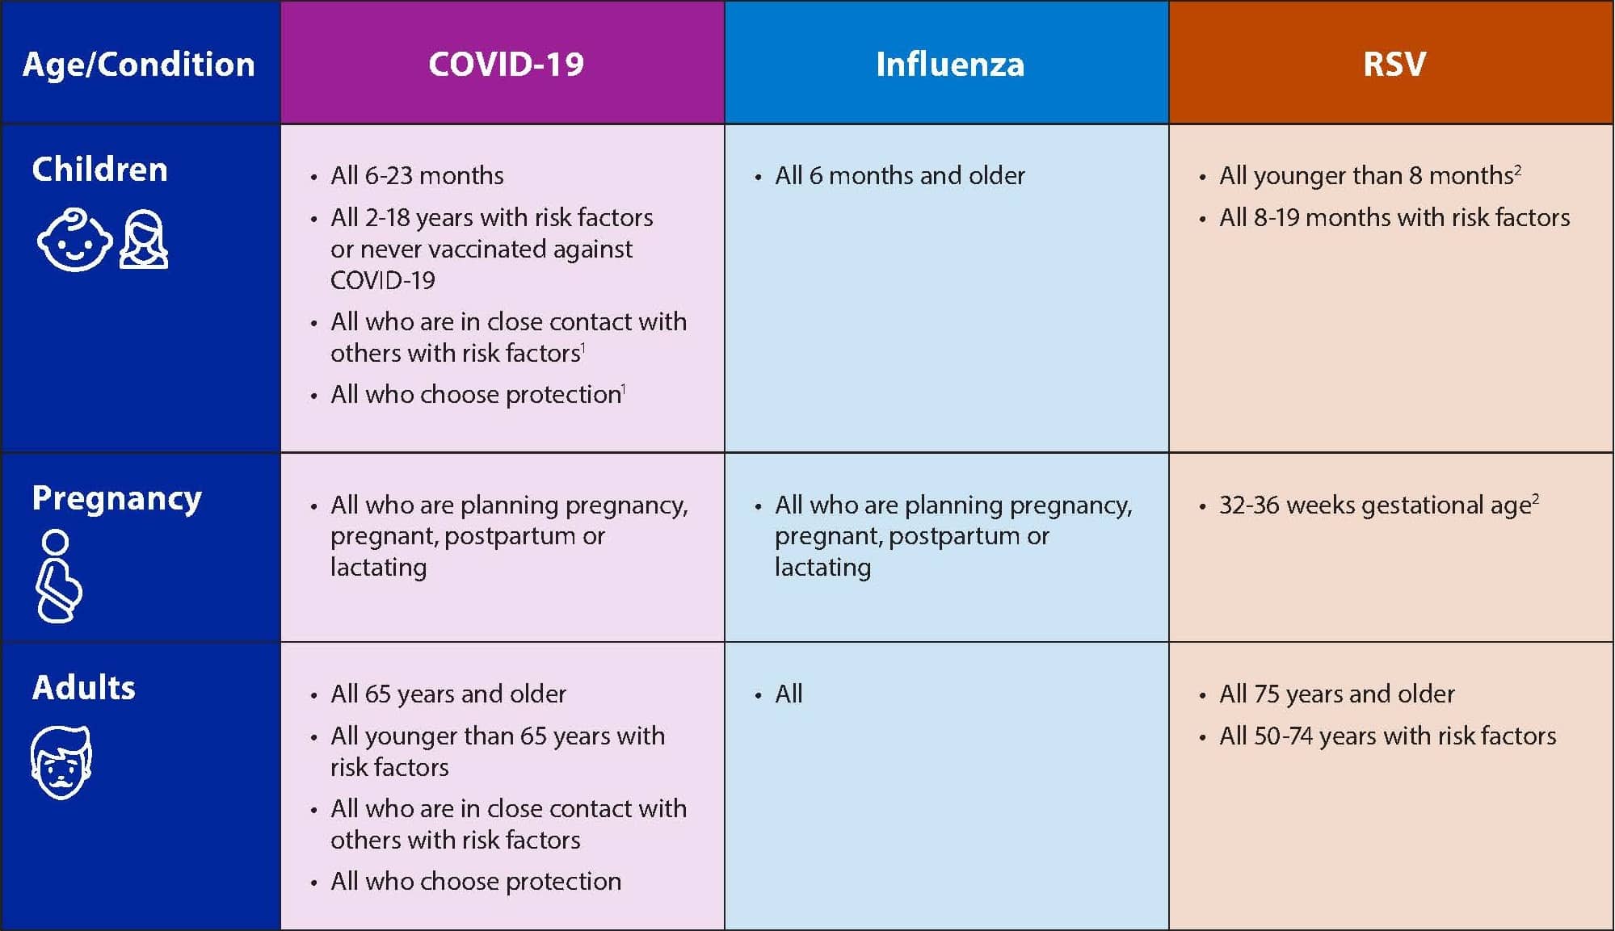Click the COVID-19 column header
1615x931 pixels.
coord(506,64)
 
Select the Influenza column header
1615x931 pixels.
coord(950,64)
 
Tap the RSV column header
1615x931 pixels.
coord(1394,64)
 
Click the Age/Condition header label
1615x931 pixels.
coord(139,65)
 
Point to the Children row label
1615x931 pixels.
coord(99,170)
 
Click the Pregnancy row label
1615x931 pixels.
coord(116,499)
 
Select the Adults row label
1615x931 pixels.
coord(83,687)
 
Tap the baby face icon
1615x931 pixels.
coord(74,240)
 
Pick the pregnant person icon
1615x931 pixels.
coord(58,577)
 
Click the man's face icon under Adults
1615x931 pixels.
coord(61,762)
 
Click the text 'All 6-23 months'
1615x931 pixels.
coord(417,175)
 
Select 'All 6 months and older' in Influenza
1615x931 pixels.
coord(900,175)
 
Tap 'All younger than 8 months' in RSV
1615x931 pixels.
coord(1366,175)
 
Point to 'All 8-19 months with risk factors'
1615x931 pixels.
coord(1394,217)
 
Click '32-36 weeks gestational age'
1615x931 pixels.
coord(1375,505)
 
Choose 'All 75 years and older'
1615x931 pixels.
coord(1337,694)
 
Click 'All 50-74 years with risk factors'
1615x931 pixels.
coord(1387,736)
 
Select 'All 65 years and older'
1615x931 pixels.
coord(448,694)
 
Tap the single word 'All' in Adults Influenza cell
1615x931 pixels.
coord(789,694)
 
